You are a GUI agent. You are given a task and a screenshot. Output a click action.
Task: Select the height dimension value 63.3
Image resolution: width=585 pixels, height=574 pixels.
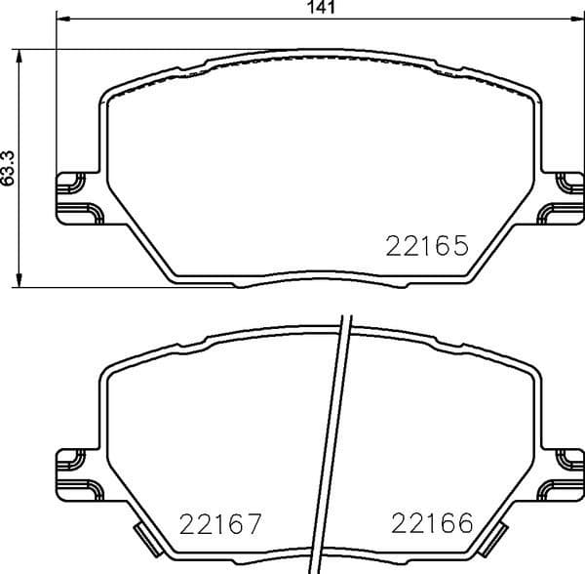coord(9,169)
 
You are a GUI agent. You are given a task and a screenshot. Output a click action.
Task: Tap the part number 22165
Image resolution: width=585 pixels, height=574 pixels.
coord(428,246)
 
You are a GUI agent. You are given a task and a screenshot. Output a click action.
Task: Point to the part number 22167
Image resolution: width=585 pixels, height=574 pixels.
coord(221,526)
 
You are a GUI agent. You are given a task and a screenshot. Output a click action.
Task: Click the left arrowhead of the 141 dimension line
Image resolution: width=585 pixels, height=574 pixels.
coord(61,20)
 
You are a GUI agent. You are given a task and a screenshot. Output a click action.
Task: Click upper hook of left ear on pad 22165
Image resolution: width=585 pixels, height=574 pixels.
coord(70,180)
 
